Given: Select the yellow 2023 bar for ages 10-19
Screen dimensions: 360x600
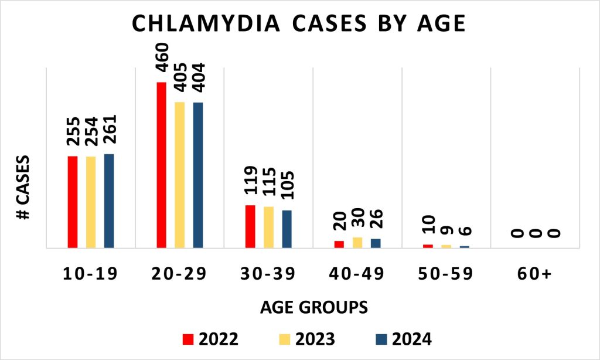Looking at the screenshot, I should tap(91, 202).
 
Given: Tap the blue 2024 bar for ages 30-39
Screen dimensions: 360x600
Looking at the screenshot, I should tap(287, 229).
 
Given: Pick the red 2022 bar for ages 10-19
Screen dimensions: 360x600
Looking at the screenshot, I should tap(73, 202).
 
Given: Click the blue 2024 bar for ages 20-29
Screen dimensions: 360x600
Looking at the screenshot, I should tap(198, 175).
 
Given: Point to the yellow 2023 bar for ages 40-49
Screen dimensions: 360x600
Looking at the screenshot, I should tap(357, 243).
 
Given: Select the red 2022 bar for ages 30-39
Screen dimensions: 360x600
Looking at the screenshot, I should tap(250, 227).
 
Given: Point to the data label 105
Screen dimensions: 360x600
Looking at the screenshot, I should tap(287, 188).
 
